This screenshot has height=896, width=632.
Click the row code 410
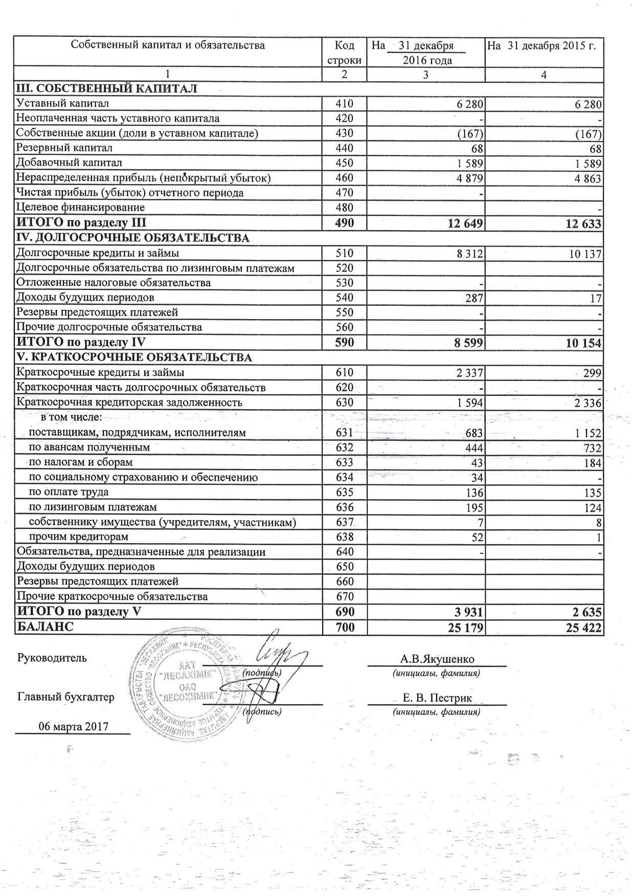point(345,104)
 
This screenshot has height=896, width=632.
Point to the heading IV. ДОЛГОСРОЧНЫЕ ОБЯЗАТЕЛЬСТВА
point(133,238)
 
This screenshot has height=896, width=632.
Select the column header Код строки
point(345,53)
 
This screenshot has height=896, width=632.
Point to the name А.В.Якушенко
point(437,659)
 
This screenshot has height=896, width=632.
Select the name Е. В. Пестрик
point(437,698)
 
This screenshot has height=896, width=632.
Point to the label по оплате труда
point(69,492)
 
